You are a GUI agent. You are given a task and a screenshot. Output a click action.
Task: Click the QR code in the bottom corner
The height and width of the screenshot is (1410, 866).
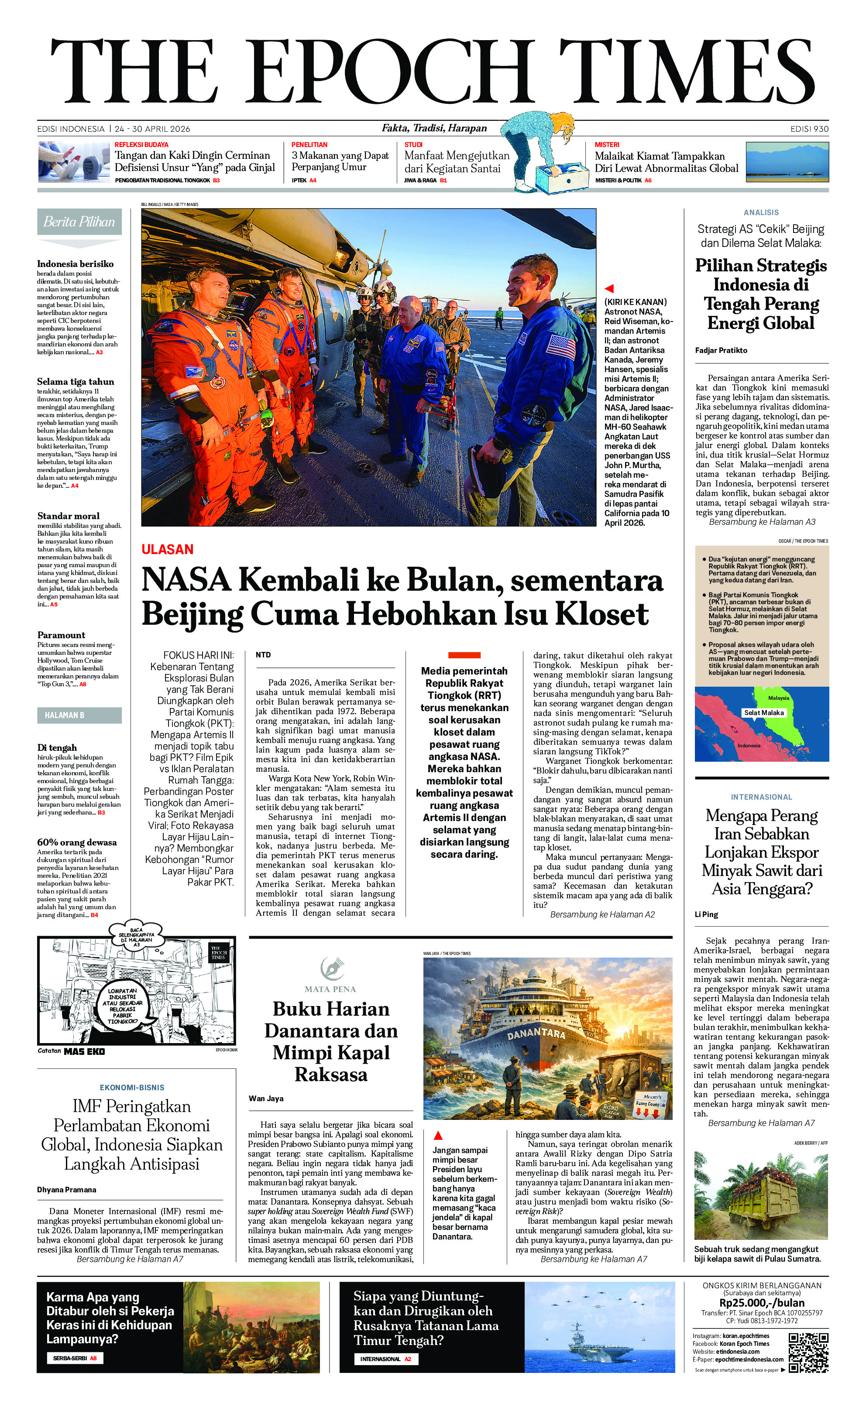[808, 1353]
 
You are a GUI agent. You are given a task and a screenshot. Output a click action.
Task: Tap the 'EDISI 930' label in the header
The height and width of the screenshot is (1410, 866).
[809, 129]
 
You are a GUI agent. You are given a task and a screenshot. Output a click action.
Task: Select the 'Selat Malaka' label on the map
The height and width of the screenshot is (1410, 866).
[763, 713]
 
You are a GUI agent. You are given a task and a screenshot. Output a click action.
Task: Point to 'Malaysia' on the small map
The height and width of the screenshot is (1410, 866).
[778, 698]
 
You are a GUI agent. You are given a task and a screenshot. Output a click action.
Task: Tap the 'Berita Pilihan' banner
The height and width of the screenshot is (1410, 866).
[79, 222]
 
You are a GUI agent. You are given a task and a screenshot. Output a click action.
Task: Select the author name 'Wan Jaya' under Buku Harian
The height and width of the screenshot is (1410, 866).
[266, 1098]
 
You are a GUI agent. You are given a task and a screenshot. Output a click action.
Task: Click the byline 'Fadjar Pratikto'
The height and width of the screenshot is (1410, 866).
[721, 350]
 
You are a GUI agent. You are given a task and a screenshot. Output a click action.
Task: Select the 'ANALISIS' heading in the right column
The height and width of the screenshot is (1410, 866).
[761, 212]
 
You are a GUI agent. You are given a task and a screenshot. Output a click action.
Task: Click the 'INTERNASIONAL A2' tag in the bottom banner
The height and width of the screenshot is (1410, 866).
[385, 1359]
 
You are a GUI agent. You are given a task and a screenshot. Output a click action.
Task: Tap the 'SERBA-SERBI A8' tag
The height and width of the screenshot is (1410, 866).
[75, 1358]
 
